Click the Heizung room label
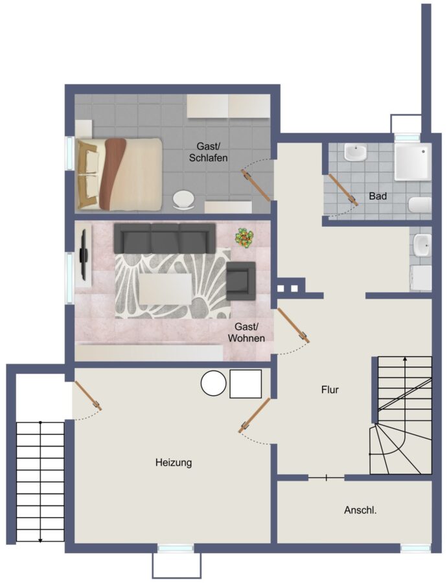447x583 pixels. coord(174,463)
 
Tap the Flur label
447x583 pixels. coord(330,390)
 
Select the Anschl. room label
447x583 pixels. coord(360,510)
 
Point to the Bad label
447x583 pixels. coord(378,196)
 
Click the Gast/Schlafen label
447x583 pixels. coord(208,152)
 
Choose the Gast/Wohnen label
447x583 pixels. coord(246,332)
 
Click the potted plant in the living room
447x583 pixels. coord(244,237)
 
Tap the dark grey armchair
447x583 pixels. coord(241,280)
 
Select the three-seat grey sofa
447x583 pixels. coord(165,238)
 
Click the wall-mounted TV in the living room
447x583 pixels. coord(84,255)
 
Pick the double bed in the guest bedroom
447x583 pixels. coord(119,174)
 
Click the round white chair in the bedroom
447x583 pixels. coord(183,200)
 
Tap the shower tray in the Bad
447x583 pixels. coord(413,161)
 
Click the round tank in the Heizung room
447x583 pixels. coord(214,383)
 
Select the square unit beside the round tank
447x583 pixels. coord(246,383)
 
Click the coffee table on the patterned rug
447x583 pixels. coord(166,290)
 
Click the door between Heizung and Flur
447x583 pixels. coord(255,415)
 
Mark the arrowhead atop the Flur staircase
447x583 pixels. coord(405,359)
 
